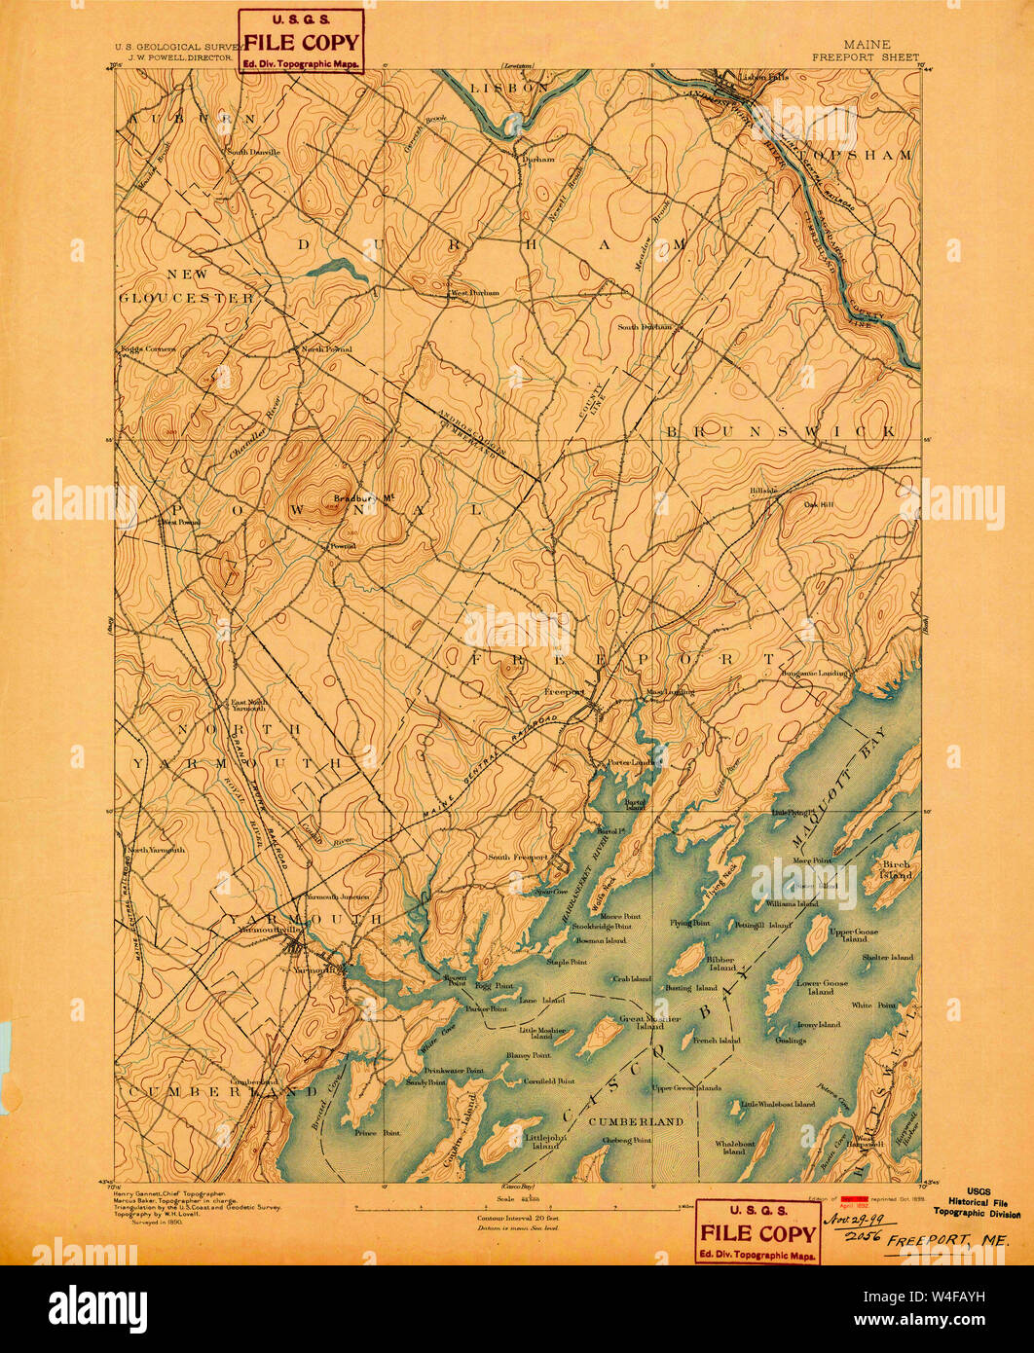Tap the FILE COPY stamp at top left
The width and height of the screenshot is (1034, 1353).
pyautogui.click(x=301, y=42)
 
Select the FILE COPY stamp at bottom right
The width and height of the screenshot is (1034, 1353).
pyautogui.click(x=757, y=1231)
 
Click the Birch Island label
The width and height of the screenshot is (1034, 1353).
pyautogui.click(x=896, y=869)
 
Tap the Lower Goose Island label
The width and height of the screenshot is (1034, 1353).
pyautogui.click(x=822, y=987)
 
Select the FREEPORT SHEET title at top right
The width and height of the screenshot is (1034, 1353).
pyautogui.click(x=864, y=57)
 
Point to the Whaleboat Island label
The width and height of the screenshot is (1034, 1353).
pyautogui.click(x=734, y=1147)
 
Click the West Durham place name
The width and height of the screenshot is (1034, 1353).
pyautogui.click(x=474, y=292)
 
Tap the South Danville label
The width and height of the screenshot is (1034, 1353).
pyautogui.click(x=254, y=152)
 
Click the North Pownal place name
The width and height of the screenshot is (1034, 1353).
pyautogui.click(x=325, y=348)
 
